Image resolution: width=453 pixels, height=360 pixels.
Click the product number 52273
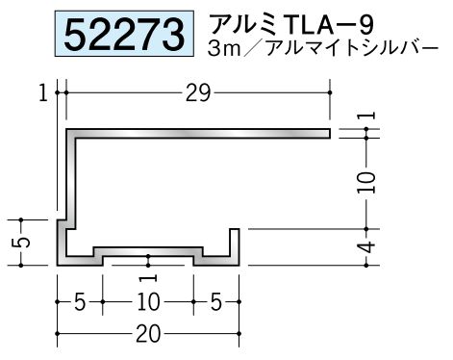124,34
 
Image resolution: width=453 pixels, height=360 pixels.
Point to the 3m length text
224,49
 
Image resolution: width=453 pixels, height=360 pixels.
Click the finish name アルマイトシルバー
352,49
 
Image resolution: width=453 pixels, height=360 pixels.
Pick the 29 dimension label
198,93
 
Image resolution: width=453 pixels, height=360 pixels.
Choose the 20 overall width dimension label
148,334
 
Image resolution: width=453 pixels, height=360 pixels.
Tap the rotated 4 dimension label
368,247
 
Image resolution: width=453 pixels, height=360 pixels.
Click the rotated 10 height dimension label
367,182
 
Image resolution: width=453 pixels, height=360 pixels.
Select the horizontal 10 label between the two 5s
148,302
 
